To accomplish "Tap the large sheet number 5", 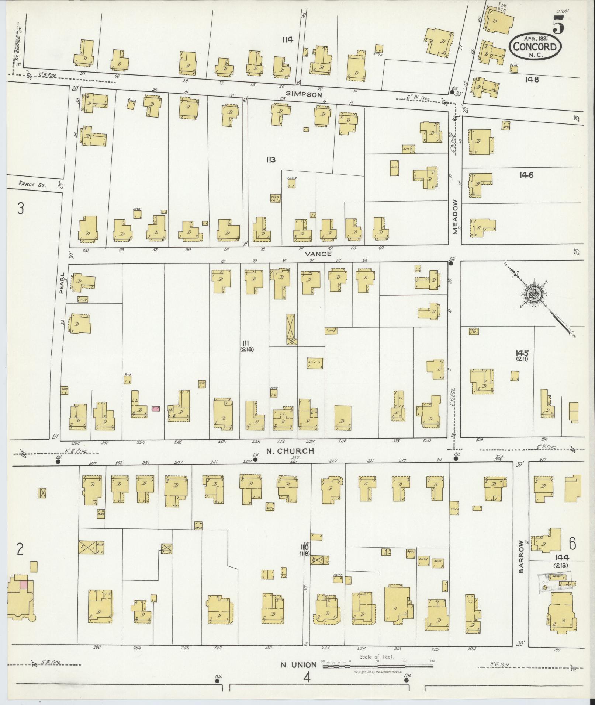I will click(x=558, y=26).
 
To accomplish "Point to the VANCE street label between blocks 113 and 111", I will click(x=318, y=254).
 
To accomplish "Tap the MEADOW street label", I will click(x=456, y=217).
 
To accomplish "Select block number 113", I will click(x=270, y=160).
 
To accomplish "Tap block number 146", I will click(x=526, y=175).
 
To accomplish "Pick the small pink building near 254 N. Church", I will click(x=156, y=409).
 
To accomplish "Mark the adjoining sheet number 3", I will click(x=21, y=209).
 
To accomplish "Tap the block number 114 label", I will click(x=287, y=39).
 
